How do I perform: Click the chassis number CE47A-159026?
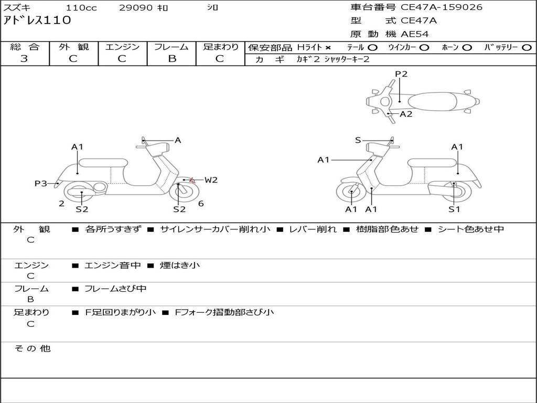[x=441, y=7]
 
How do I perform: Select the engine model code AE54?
[x=415, y=34]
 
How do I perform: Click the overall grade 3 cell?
[x=24, y=59]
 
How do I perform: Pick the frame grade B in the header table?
[x=172, y=59]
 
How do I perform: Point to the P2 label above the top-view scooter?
[x=401, y=74]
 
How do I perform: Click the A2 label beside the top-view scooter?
[x=406, y=114]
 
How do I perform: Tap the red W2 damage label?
[x=211, y=180]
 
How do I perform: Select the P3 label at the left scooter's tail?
[x=41, y=183]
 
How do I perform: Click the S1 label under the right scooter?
[x=454, y=209]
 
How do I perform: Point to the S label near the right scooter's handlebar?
[x=358, y=140]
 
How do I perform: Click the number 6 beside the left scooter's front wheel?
[x=201, y=204]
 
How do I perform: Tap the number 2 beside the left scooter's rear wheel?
[x=62, y=204]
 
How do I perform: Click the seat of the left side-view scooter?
[x=102, y=162]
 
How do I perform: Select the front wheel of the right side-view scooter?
[x=351, y=193]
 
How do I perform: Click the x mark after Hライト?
[x=328, y=47]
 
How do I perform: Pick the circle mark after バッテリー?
[x=527, y=47]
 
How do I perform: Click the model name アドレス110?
[x=37, y=21]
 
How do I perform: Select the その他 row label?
[x=33, y=348]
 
